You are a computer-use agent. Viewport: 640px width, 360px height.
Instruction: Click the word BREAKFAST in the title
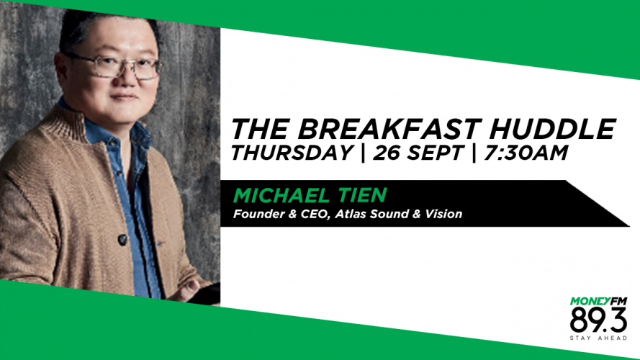tap(388, 129)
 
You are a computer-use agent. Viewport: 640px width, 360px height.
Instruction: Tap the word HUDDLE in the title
tap(552, 129)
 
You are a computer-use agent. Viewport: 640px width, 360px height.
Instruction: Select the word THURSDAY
tap(292, 153)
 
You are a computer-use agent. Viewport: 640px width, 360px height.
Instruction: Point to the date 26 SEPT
tap(418, 153)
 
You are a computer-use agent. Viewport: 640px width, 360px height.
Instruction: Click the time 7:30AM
tap(526, 153)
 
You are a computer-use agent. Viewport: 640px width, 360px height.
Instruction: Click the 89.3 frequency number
tap(598, 320)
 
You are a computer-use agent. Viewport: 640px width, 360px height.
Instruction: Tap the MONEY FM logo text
tap(598, 302)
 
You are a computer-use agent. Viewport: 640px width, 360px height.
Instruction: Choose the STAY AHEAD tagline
tap(598, 338)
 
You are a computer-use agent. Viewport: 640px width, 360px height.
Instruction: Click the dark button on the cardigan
tap(122, 239)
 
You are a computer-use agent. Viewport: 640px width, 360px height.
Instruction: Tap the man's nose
tap(129, 78)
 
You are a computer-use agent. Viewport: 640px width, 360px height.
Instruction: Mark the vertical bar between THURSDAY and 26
tap(363, 153)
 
